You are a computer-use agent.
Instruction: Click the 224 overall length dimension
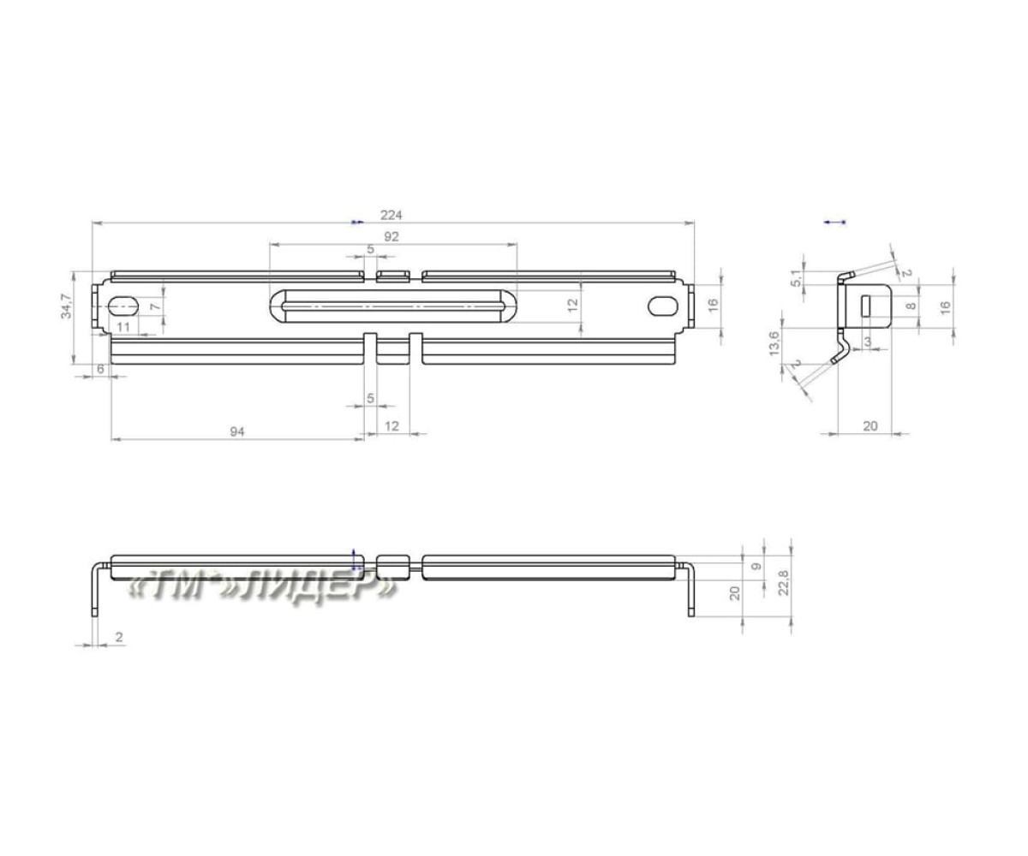pos(391,215)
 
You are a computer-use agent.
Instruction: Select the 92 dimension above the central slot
pos(391,236)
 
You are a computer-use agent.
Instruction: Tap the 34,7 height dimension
pos(65,306)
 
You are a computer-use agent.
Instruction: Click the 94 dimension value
pos(236,431)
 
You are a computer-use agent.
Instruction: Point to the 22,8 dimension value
pos(783,583)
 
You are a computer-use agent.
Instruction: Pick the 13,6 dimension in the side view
pos(774,344)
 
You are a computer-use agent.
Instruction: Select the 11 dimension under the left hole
pos(123,327)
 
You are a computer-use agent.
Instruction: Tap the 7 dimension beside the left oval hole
pos(155,306)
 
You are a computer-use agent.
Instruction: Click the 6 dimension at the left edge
pos(100,368)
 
